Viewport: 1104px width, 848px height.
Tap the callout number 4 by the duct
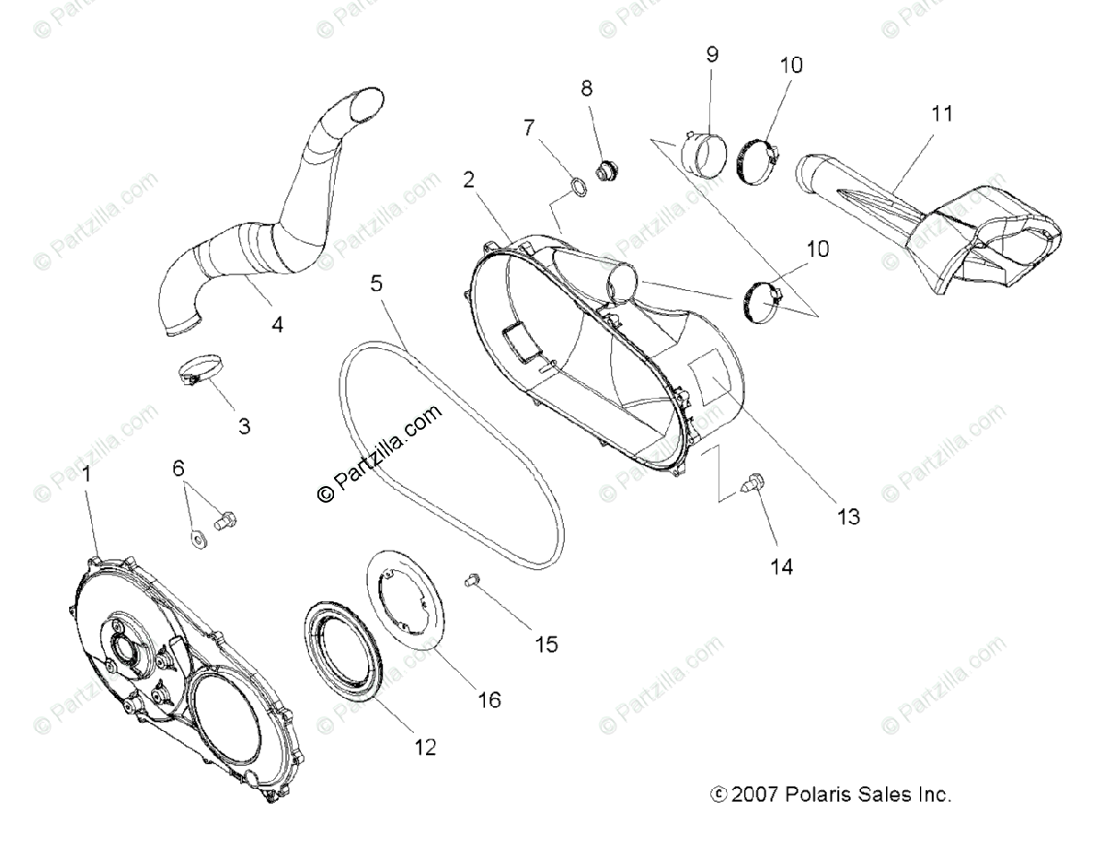coord(277,324)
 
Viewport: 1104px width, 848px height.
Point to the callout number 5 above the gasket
coord(376,283)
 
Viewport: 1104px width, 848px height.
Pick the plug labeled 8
coord(605,170)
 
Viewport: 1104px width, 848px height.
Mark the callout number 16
coord(489,700)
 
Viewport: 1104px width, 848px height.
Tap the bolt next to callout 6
coord(224,522)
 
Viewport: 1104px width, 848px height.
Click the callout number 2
coord(468,180)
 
